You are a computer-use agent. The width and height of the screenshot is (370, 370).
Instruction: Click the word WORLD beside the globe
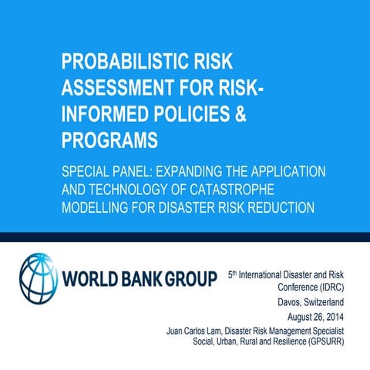click(x=95, y=277)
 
